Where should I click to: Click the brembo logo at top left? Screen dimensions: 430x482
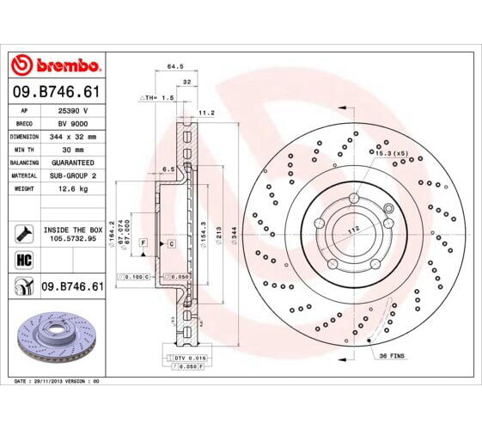(x=55, y=65)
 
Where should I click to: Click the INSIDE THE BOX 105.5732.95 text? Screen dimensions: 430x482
(x=72, y=234)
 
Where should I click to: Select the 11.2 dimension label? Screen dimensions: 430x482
(x=206, y=112)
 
